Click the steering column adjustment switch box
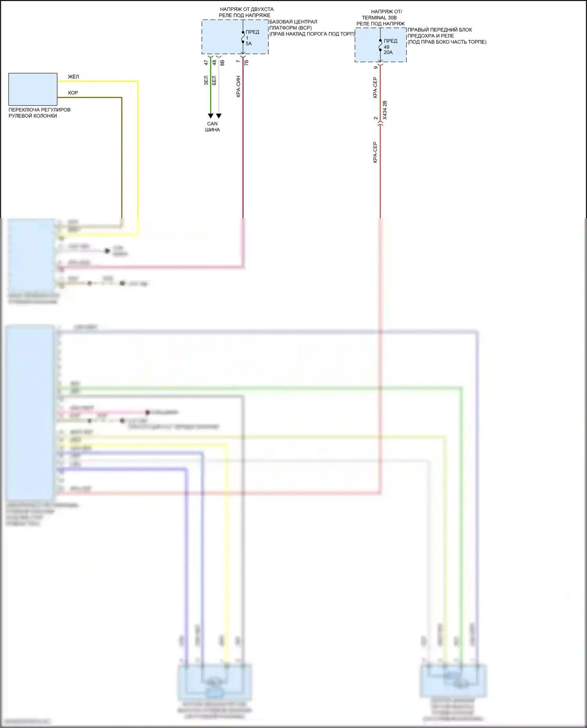[33, 89]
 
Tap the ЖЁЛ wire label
[73, 77]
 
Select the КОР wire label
[73, 93]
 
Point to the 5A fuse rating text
[248, 43]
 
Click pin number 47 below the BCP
[206, 62]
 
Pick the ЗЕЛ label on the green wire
[206, 81]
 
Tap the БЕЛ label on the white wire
[214, 81]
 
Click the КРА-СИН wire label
[238, 86]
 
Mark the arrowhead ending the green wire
[211, 116]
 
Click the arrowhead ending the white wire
[219, 116]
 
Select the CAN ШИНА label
[212, 127]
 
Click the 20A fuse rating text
[388, 52]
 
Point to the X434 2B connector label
[385, 110]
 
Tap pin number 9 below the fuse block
[376, 67]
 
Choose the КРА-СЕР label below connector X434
[375, 152]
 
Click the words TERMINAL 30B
[379, 18]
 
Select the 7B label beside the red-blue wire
[246, 62]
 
